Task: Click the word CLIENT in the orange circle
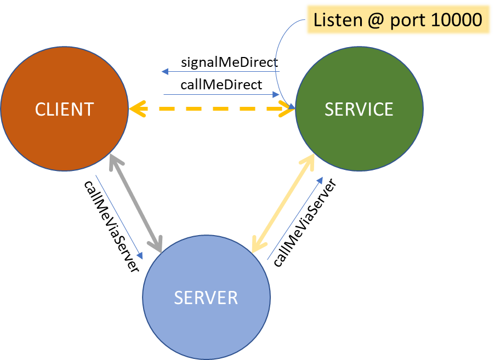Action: click(x=64, y=109)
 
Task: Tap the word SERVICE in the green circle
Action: click(x=359, y=109)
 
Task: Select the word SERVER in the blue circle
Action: click(x=206, y=298)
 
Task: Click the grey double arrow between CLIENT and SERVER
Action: click(x=136, y=203)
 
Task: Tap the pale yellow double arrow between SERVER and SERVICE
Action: click(x=283, y=203)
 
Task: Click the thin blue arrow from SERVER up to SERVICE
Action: click(x=295, y=218)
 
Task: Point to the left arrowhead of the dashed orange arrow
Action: click(x=136, y=109)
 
